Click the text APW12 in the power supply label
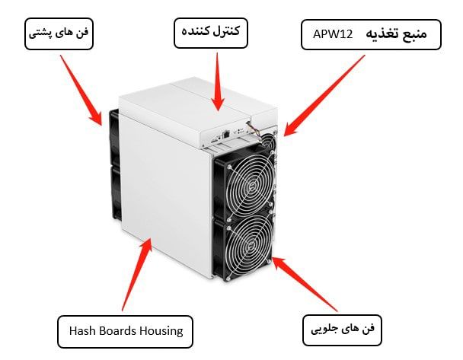click(333, 34)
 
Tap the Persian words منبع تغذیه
click(396, 34)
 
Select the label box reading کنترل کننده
click(210, 33)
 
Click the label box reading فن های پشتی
click(59, 33)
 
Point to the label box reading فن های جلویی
click(342, 330)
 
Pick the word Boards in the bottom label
click(118, 331)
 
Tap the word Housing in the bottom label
click(161, 332)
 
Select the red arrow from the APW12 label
click(324, 95)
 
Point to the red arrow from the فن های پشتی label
click(81, 91)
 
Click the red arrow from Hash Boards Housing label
click(137, 275)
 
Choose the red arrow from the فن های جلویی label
click(305, 284)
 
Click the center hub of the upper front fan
click(251, 187)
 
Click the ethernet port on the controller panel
click(226, 134)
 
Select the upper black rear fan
click(115, 137)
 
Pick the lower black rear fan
click(117, 193)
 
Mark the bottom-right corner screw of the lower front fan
click(268, 262)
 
